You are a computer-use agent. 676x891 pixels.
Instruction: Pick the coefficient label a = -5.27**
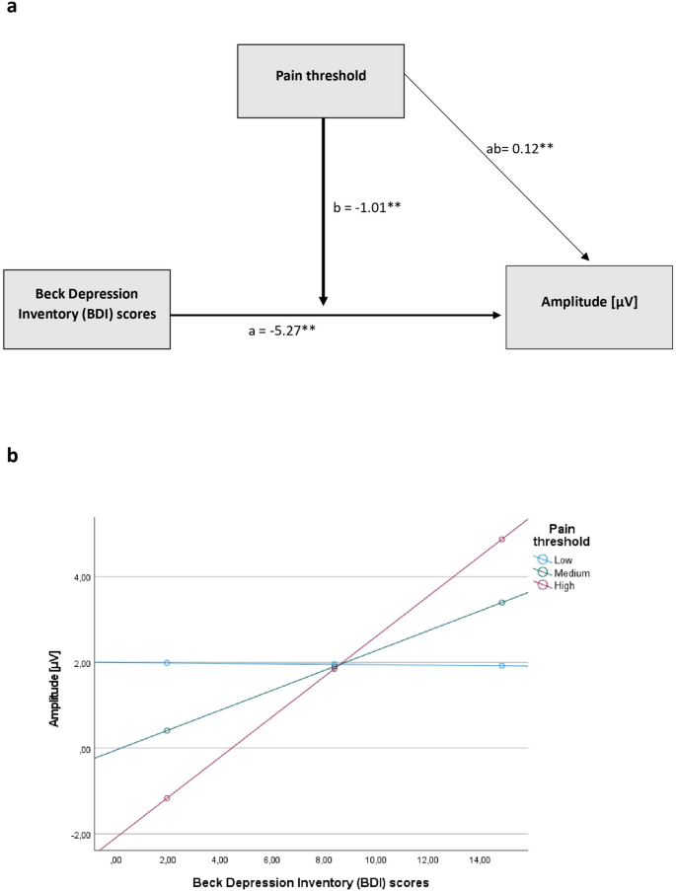281,332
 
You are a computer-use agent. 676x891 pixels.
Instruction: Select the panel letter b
11,457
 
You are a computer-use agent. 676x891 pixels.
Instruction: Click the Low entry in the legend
565,559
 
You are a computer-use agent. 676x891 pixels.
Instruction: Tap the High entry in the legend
565,585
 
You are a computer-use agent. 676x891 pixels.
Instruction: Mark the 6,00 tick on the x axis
272,861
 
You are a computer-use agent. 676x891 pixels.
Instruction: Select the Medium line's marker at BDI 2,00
167,730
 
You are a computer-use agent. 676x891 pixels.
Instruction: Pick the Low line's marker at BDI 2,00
167,663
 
